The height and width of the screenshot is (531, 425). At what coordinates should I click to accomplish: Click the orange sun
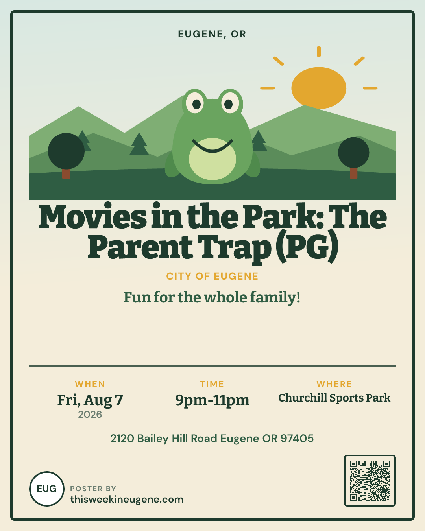[x=319, y=88]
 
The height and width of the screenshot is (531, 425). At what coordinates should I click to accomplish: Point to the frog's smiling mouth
[x=213, y=146]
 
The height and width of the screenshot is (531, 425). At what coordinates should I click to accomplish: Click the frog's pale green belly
[x=213, y=159]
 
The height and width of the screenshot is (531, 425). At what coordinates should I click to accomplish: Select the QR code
[x=370, y=481]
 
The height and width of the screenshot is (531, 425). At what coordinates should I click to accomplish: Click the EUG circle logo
[x=47, y=489]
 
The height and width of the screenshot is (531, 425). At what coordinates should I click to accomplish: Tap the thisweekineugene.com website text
[x=127, y=500]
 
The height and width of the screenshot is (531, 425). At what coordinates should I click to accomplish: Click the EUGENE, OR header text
[x=212, y=34]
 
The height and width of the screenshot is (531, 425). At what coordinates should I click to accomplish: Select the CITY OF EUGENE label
[x=212, y=276]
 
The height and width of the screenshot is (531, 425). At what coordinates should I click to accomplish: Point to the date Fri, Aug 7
[x=90, y=400]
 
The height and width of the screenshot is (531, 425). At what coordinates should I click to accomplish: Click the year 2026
[x=90, y=415]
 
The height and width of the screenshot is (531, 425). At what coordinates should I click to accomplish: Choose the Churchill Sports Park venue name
[x=334, y=398]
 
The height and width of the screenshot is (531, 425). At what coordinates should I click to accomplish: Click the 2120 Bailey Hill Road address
[x=212, y=439]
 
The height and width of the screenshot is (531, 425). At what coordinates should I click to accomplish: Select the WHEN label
[x=90, y=384]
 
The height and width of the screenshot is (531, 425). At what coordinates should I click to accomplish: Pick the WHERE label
[x=334, y=384]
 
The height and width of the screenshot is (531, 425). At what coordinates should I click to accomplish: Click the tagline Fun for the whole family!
[x=212, y=298]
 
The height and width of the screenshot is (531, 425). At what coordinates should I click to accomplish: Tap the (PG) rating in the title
[x=306, y=246]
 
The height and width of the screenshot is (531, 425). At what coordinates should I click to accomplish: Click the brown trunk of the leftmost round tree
[x=66, y=174]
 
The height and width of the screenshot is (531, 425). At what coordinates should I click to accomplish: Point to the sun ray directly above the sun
[x=319, y=52]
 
